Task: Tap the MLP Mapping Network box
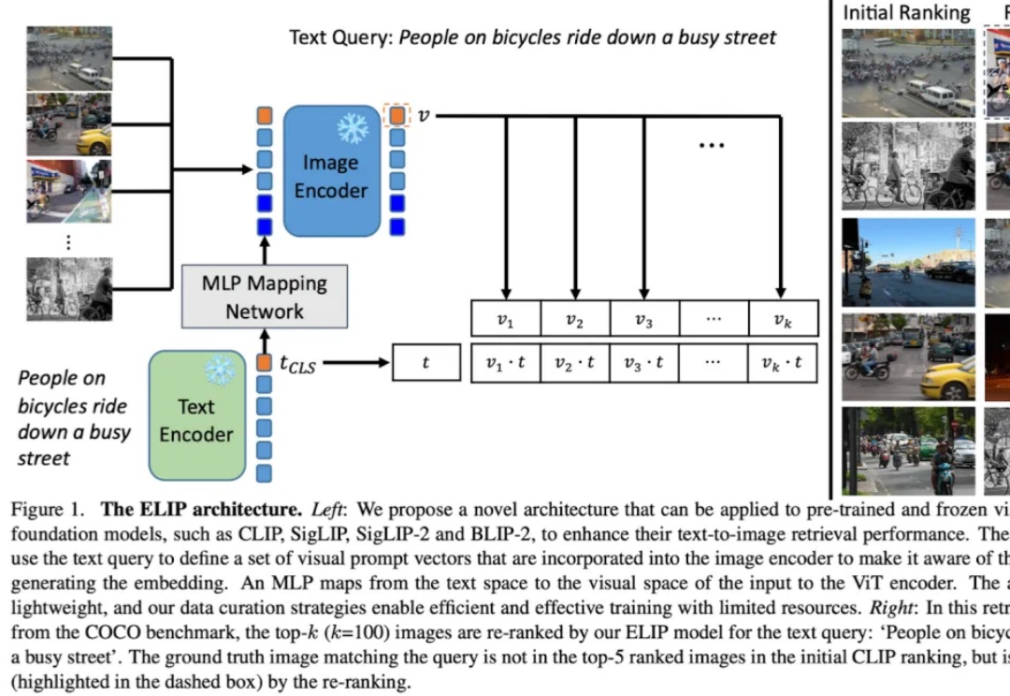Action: coord(265,297)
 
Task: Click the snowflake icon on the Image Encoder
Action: coord(353,128)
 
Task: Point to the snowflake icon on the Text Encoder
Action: coord(221,370)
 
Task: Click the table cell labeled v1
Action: coord(505,319)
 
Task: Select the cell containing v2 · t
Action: coord(574,363)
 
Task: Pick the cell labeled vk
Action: coord(783,319)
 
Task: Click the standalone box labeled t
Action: coord(426,363)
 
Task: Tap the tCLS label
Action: coord(297,365)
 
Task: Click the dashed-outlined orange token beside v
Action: coord(397,116)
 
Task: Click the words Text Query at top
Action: coord(340,38)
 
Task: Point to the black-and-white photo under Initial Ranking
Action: coord(908,166)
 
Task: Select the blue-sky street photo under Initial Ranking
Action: coord(908,262)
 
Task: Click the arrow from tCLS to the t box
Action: coord(353,363)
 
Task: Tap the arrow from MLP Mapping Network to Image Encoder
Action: coord(265,251)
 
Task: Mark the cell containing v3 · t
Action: coord(643,363)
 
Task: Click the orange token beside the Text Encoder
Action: coord(264,362)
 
